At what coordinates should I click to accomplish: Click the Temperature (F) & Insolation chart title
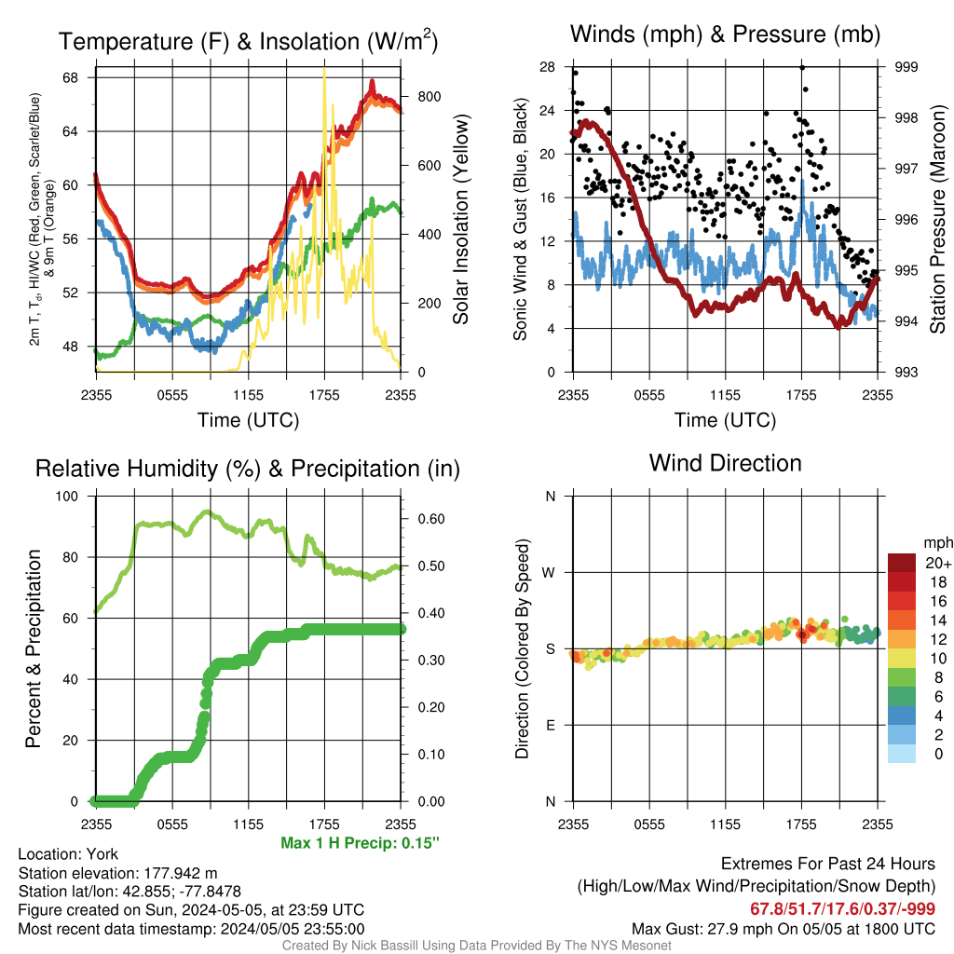[x=248, y=41]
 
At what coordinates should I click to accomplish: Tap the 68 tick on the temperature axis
[x=70, y=78]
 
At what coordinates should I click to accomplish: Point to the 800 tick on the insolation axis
[x=429, y=97]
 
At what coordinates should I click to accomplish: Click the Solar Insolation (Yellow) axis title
[x=460, y=219]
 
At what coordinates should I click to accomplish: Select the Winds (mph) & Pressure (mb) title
[x=725, y=34]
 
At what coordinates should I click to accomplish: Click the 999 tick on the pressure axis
[x=906, y=67]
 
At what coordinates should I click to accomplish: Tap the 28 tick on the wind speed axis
[x=547, y=67]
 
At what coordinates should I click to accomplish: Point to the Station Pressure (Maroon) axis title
[x=937, y=219]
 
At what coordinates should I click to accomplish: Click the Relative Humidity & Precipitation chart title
[x=248, y=470]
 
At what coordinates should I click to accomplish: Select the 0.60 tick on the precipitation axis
[x=430, y=519]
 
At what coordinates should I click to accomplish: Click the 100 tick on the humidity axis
[x=67, y=497]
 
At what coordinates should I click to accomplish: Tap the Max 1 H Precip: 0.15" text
[x=361, y=842]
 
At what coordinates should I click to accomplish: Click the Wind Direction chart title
[x=725, y=463]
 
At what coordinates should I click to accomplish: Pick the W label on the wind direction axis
[x=549, y=573]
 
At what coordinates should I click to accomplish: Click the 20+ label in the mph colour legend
[x=938, y=564]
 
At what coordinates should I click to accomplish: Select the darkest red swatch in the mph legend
[x=902, y=563]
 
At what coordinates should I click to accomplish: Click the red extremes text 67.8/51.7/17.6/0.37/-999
[x=842, y=909]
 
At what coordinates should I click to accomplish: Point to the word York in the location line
[x=102, y=854]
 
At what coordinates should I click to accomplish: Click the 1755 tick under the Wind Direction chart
[x=801, y=825]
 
